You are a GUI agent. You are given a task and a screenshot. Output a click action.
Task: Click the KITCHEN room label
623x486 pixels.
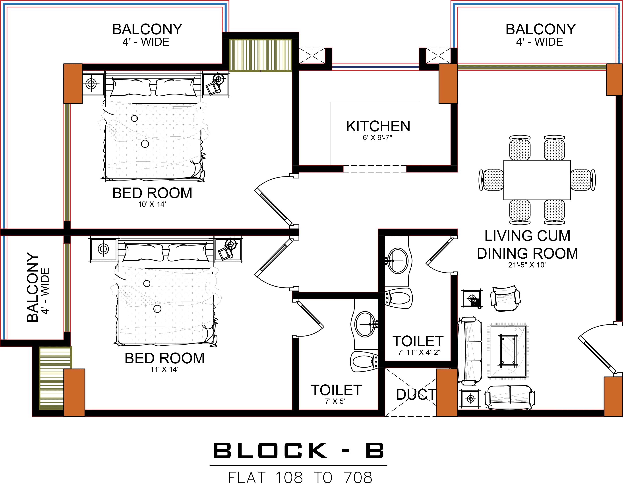378,126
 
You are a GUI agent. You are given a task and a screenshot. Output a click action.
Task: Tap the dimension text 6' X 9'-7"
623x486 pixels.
377,138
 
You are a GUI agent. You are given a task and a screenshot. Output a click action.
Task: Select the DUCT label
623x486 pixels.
416,395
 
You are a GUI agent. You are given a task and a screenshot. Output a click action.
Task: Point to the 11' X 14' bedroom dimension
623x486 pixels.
164,369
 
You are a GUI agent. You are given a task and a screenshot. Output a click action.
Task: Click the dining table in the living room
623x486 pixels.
537,180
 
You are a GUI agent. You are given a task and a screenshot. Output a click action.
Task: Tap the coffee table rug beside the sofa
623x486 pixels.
508,351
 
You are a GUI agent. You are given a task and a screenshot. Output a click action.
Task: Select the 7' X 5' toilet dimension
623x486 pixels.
335,401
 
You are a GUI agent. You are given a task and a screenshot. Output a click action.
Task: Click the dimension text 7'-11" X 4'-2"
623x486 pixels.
419,352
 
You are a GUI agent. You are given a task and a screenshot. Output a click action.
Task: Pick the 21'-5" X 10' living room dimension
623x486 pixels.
527,265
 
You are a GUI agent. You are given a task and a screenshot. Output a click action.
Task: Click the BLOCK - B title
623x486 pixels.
298,451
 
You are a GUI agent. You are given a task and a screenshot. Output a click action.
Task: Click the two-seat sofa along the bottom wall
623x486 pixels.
510,398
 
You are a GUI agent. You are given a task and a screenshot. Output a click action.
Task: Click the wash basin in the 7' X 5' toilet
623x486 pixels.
366,324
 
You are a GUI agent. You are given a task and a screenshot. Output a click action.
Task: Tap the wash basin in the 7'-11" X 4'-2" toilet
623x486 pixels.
397,261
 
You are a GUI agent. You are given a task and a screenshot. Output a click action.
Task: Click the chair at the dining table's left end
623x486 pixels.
491,180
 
